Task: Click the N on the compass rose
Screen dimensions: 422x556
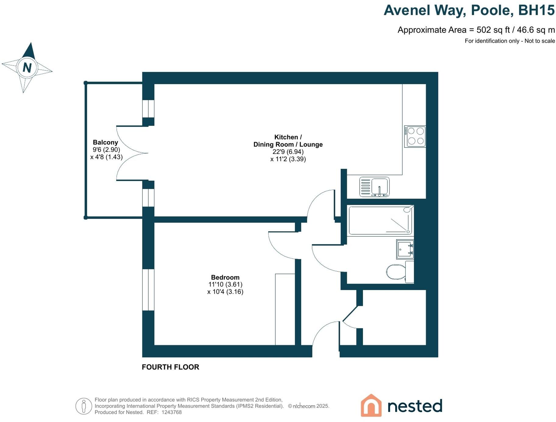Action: click(27, 67)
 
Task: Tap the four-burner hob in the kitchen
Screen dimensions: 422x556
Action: click(415, 136)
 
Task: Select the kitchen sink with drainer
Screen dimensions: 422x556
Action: click(375, 187)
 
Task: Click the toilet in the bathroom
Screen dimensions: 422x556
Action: click(396, 271)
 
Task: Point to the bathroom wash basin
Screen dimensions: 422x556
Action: click(405, 249)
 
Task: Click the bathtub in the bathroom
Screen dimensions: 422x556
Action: click(380, 220)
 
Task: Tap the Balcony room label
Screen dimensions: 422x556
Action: click(105, 142)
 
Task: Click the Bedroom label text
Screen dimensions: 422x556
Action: click(225, 277)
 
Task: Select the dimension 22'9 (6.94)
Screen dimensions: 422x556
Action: click(288, 152)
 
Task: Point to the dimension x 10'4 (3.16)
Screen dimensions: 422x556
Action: click(225, 292)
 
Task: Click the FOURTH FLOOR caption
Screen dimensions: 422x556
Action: click(170, 367)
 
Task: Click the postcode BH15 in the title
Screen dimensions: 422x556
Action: click(536, 10)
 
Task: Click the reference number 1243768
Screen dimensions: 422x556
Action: click(171, 412)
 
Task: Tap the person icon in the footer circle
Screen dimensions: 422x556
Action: click(84, 406)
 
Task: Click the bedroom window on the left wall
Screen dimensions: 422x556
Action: click(148, 289)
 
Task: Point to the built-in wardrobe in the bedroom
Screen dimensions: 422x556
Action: click(285, 309)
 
